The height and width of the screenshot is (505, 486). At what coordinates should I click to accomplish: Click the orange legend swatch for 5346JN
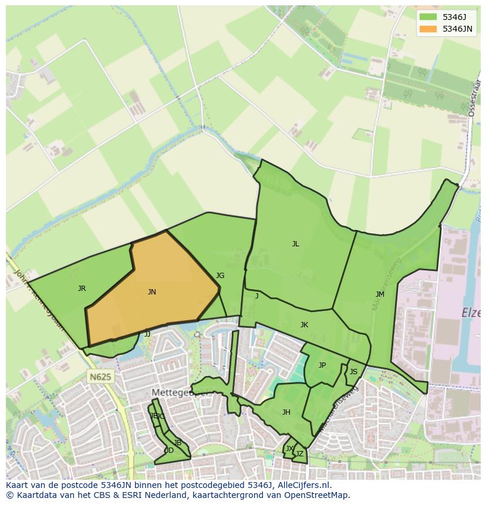coord(428,29)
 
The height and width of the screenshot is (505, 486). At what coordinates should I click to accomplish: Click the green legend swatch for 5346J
coord(428,17)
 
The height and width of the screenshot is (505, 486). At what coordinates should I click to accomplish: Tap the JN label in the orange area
coord(151,292)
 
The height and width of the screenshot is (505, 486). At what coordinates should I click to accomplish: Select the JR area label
coord(82,288)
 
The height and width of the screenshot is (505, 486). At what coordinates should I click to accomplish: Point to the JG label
coord(220,275)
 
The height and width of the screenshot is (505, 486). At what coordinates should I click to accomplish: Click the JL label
coord(296,244)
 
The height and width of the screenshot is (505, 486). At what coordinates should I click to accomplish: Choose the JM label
coord(380,294)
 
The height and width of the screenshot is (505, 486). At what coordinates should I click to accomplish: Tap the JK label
coord(304,324)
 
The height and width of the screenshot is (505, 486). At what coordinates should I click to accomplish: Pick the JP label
coord(322,365)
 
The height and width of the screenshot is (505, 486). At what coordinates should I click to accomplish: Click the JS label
coord(353,371)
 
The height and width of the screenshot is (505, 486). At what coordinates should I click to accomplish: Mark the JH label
coord(286,412)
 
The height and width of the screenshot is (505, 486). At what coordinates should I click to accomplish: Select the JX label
coord(289,448)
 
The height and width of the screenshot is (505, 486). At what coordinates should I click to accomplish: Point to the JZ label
coord(299,453)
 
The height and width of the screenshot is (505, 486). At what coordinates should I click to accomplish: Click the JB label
coord(177,442)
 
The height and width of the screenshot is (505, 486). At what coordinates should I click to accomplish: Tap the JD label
coord(168,450)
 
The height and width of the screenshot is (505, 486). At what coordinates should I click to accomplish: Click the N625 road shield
coord(100,377)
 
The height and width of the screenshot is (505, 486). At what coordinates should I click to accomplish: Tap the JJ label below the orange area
coord(147,334)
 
